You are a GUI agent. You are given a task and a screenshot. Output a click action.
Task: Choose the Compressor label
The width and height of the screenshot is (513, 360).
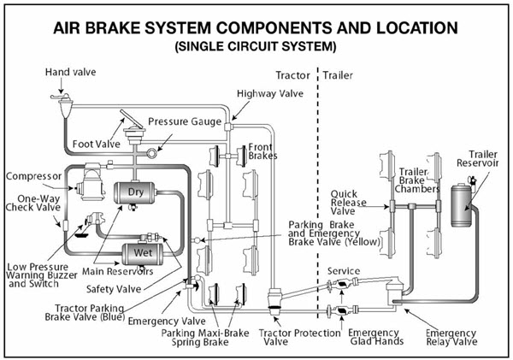point(33,176)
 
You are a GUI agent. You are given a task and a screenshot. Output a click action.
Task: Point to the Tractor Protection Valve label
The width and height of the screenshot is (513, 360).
point(286,336)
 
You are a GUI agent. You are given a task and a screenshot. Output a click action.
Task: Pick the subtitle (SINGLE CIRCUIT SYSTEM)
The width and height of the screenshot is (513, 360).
point(256,44)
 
